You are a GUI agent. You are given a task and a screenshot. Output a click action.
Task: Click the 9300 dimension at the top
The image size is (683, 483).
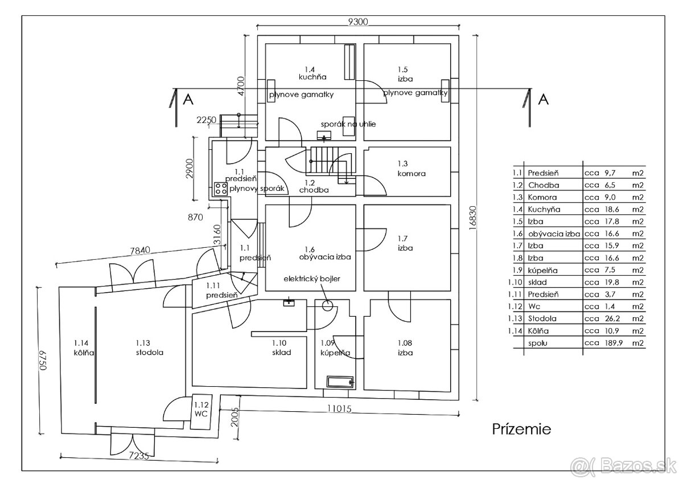(359, 22)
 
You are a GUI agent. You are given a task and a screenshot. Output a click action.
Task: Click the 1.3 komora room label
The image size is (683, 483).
(412, 169)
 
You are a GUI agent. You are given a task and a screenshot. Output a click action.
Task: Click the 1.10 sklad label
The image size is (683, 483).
(281, 347)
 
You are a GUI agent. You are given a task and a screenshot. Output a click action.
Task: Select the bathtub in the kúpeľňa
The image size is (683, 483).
(340, 381)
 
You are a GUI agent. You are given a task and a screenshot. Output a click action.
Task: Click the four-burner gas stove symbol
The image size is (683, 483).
(220, 189)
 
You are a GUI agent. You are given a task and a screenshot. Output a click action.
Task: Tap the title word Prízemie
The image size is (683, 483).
(521, 429)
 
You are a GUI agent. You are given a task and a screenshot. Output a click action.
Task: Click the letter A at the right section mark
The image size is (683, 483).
(543, 100)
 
